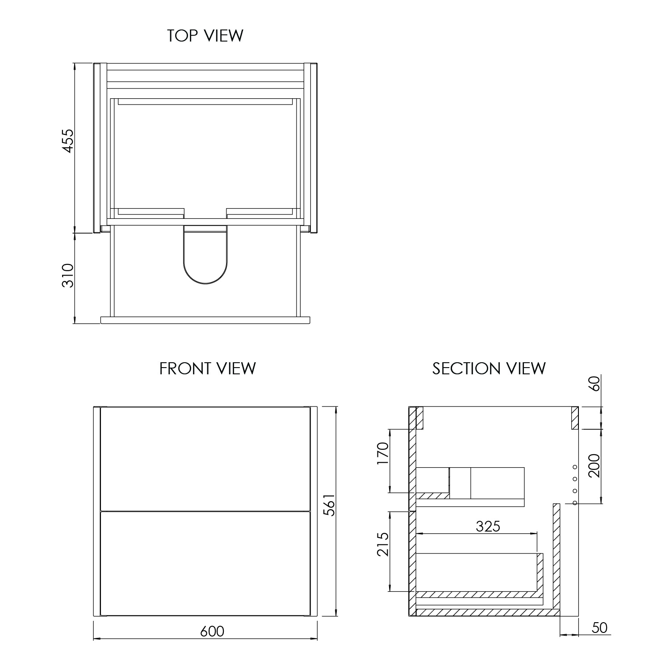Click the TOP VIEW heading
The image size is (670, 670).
pyautogui.click(x=205, y=36)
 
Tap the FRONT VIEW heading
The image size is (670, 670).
pyautogui.click(x=207, y=369)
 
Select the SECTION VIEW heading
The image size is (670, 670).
pyautogui.click(x=489, y=369)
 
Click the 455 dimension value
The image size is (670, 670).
pyautogui.click(x=67, y=141)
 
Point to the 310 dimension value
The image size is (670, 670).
pyautogui.click(x=67, y=276)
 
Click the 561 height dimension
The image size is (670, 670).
pyautogui.click(x=329, y=505)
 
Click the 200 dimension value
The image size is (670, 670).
pyautogui.click(x=594, y=465)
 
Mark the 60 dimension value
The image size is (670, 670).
pyautogui.click(x=594, y=383)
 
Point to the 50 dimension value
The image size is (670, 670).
pyautogui.click(x=599, y=628)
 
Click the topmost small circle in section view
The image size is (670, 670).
pyautogui.click(x=575, y=467)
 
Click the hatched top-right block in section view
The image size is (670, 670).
pyautogui.click(x=575, y=418)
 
